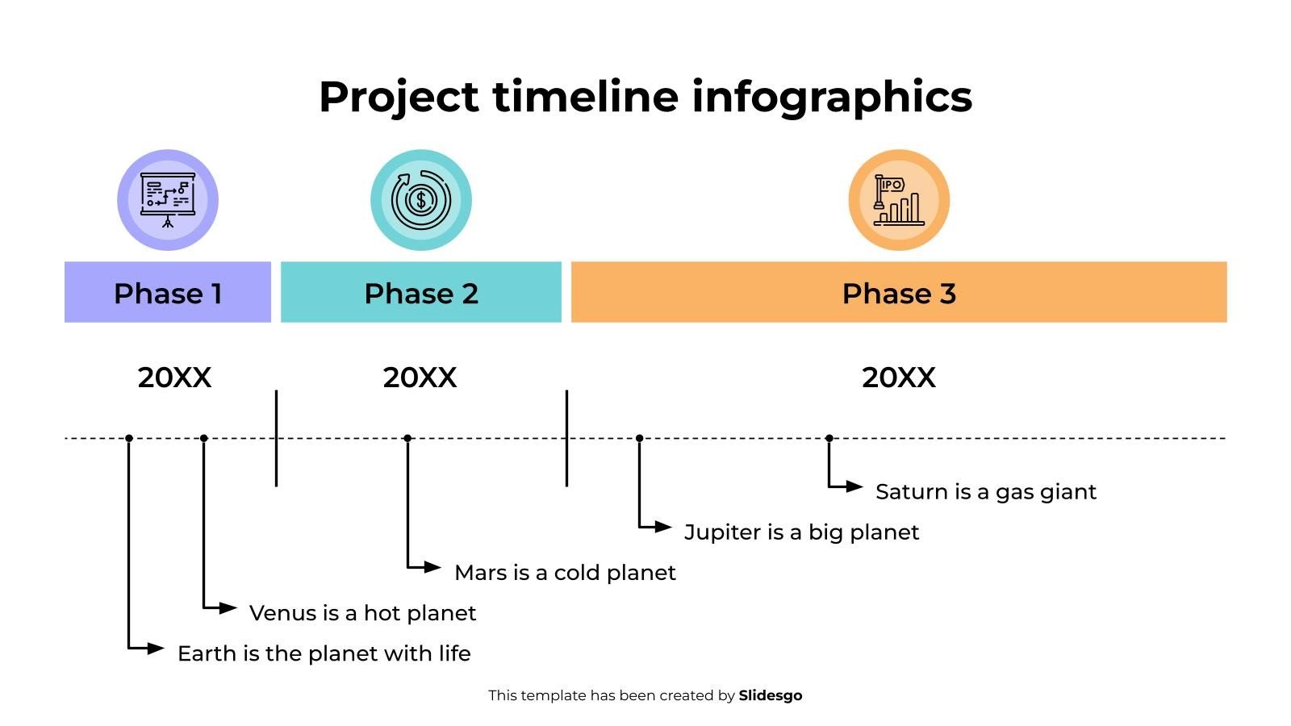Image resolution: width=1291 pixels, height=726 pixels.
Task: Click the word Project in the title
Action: point(399,97)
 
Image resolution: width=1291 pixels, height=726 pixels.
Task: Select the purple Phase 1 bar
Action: point(168,292)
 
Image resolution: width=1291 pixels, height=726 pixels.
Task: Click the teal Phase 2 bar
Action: point(420,292)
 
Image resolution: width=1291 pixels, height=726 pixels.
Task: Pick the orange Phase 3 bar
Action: point(899,292)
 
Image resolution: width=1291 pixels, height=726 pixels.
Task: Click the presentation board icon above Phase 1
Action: point(168,199)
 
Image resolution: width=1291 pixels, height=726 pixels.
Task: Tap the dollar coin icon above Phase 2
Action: point(420,199)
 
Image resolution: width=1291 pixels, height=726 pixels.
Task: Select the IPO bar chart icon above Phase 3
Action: point(899,199)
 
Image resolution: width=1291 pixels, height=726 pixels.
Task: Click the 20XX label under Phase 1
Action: point(174,378)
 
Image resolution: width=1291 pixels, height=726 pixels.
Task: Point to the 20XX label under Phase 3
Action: point(899,378)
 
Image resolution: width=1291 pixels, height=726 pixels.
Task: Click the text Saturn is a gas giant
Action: point(985,492)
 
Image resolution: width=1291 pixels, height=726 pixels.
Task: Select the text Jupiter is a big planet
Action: point(801,532)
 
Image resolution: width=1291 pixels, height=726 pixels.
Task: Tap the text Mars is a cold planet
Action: point(565,573)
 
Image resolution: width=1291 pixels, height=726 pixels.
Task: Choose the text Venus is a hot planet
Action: point(362,613)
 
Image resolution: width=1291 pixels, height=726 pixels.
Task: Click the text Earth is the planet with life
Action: point(324,653)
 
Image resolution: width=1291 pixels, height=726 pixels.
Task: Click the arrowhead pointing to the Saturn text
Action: point(856,486)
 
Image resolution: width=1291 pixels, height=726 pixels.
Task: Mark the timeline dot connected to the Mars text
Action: point(407,438)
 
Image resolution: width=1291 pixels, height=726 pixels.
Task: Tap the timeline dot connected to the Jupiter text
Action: point(639,438)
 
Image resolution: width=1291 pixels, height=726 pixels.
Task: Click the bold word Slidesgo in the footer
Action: point(770,695)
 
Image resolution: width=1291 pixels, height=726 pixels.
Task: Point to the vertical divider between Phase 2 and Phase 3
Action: point(566,438)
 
